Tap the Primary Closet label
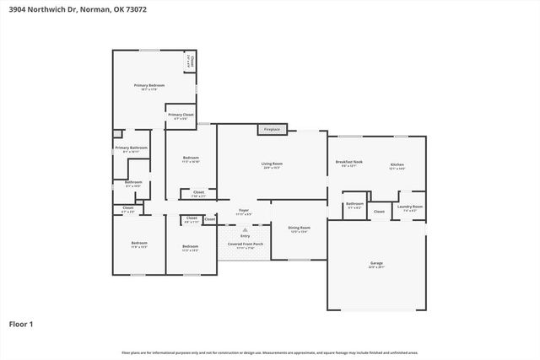(x=181, y=116)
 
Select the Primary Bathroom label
(x=132, y=148)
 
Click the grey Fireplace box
(x=272, y=130)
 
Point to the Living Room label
(x=272, y=164)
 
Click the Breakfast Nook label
(x=348, y=162)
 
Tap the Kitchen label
(x=397, y=164)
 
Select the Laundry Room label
(x=410, y=207)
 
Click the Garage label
(x=376, y=263)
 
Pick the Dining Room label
(x=300, y=228)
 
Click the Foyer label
(x=243, y=210)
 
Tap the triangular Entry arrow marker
(x=245, y=229)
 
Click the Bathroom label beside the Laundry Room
(x=354, y=203)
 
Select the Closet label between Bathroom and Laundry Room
(x=379, y=212)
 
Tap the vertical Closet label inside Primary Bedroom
(x=192, y=61)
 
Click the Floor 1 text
(x=21, y=324)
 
